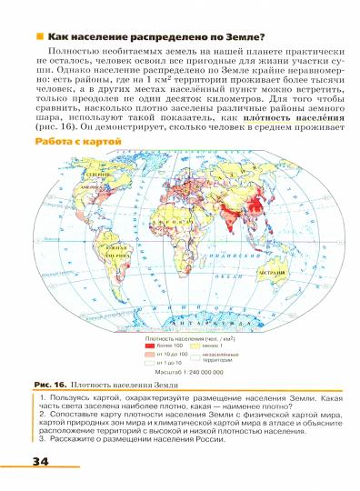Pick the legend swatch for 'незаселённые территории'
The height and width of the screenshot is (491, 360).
(x=195, y=356)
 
